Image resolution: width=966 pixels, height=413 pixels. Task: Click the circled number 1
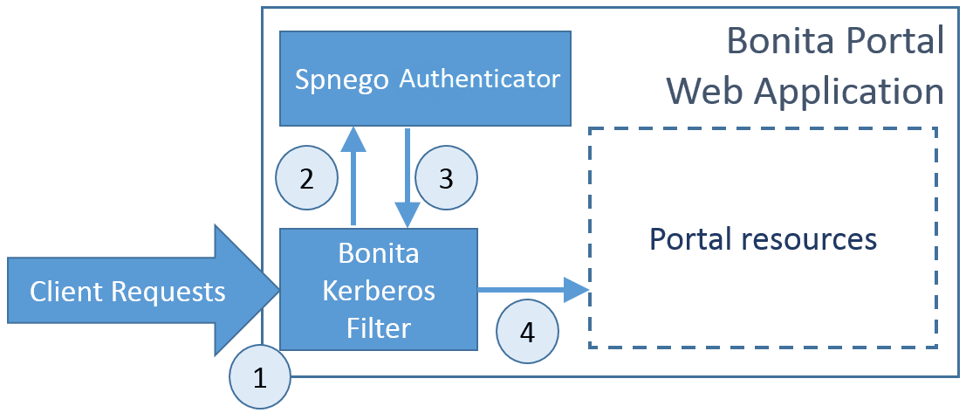click(x=259, y=378)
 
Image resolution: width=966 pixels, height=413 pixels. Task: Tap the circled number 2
click(x=306, y=179)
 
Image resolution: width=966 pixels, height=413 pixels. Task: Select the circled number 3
click(x=446, y=179)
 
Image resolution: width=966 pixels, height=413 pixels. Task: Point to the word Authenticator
click(x=479, y=79)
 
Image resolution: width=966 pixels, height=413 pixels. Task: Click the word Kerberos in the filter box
click(x=379, y=291)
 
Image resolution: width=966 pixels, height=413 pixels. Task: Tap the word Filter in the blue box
click(x=379, y=327)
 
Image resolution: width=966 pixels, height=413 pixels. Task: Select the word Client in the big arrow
click(x=65, y=292)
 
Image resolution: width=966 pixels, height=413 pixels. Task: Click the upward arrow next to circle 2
click(x=353, y=175)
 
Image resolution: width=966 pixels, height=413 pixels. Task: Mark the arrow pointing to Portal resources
click(x=532, y=289)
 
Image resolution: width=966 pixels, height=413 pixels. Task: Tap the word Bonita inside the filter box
click(x=379, y=254)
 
